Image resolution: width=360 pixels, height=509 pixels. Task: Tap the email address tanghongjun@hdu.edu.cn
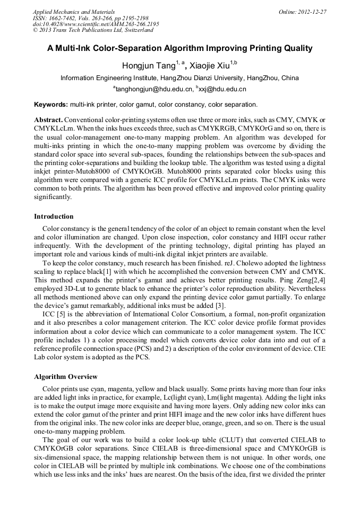click(153, 90)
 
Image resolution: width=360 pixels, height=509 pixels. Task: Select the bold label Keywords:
click(51, 105)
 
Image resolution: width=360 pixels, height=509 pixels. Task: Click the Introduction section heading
click(54, 217)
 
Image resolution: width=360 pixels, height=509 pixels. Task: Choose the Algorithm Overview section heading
click(66, 377)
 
